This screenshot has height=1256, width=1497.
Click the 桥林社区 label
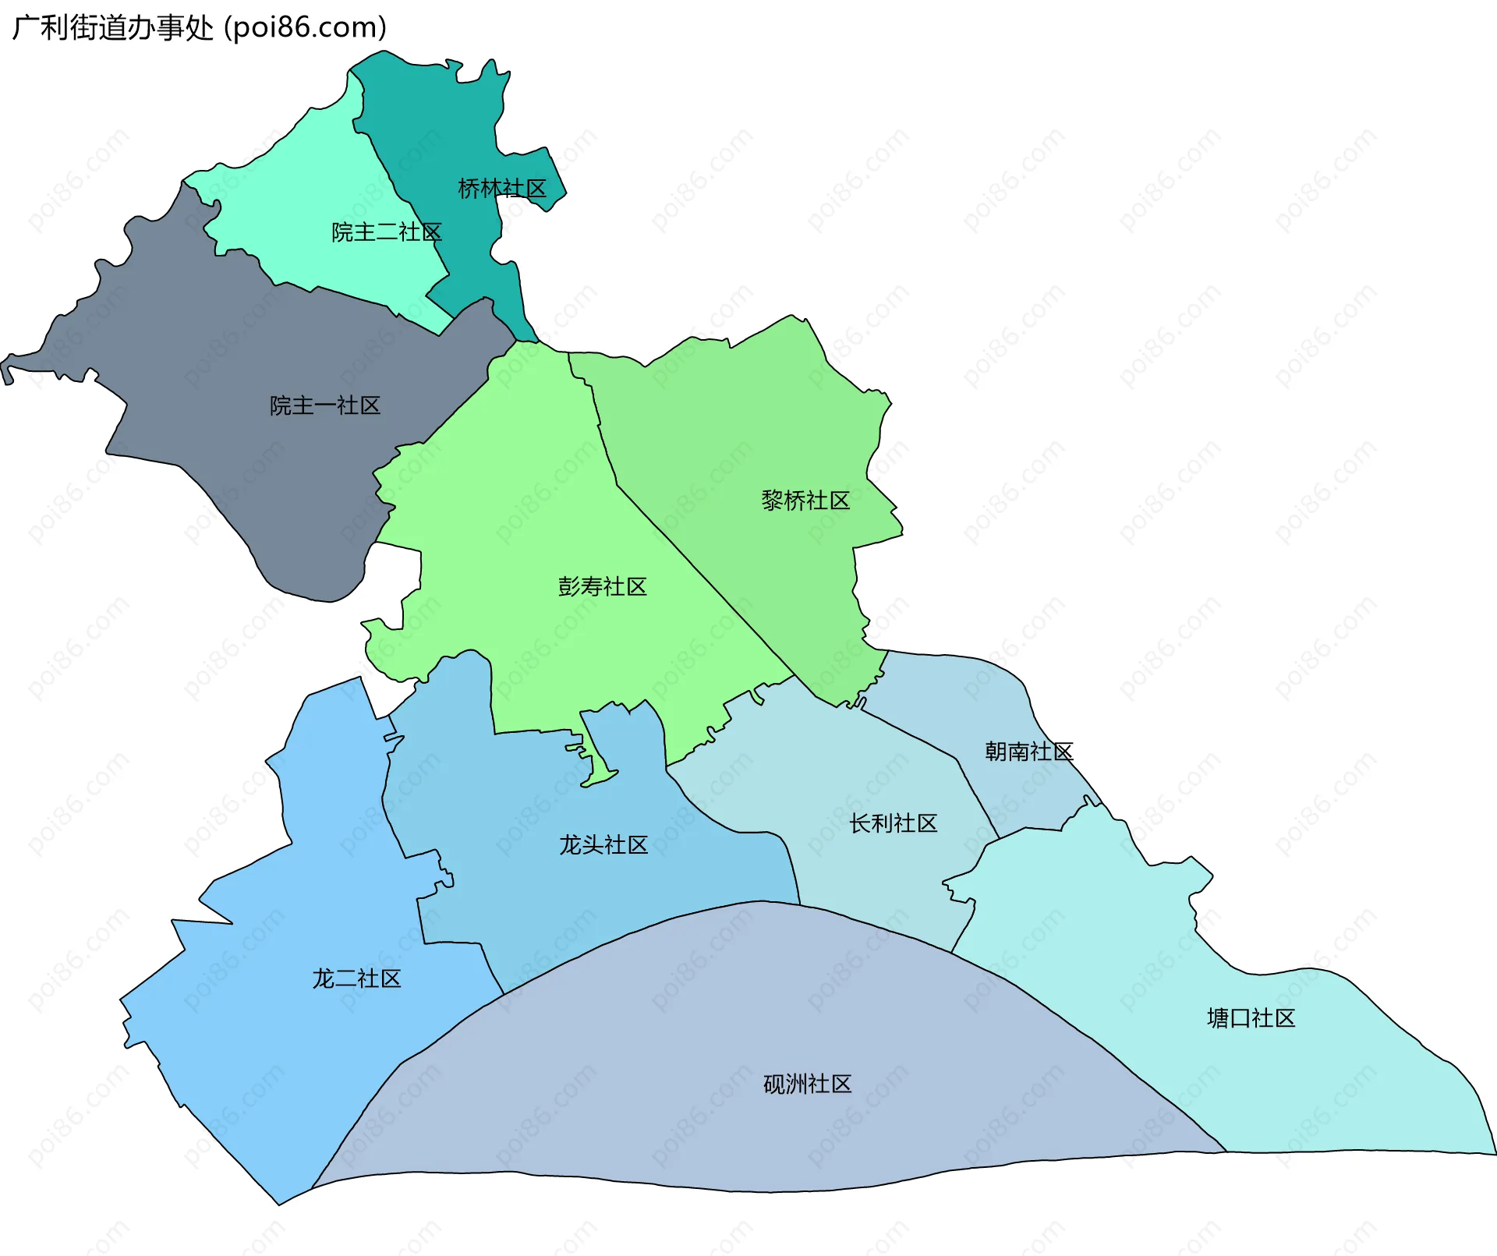pyautogui.click(x=502, y=189)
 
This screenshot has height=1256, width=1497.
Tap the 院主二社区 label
pyautogui.click(x=387, y=232)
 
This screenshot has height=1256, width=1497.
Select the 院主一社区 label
pyautogui.click(x=325, y=405)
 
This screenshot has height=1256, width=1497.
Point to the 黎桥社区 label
pyautogui.click(x=805, y=501)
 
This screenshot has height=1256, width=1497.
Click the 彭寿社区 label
pyautogui.click(x=603, y=587)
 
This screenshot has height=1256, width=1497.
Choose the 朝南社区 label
pyautogui.click(x=1028, y=752)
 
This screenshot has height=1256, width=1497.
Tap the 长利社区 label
pyautogui.click(x=893, y=823)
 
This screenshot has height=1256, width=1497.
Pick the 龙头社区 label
pyautogui.click(x=603, y=845)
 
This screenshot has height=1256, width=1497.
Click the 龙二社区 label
pyautogui.click(x=356, y=979)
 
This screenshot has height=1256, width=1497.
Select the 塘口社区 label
pyautogui.click(x=1251, y=1018)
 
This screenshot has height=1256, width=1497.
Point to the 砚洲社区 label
pyautogui.click(x=807, y=1084)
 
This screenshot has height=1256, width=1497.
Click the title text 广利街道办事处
pyautogui.click(x=113, y=28)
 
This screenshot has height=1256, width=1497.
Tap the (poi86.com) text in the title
pyautogui.click(x=306, y=28)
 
